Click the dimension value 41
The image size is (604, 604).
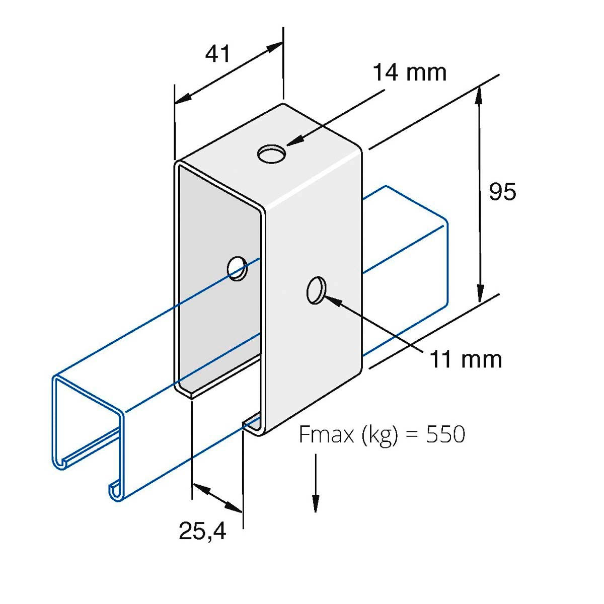[217, 53]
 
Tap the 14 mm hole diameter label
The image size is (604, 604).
[409, 72]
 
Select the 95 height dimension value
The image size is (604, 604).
[502, 192]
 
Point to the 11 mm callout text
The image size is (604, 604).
[466, 359]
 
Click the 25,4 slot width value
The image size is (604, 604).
[202, 531]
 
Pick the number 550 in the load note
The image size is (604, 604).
[445, 434]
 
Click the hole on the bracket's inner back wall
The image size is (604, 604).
[237, 268]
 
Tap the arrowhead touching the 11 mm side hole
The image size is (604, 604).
[333, 300]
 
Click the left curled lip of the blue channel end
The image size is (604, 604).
[59, 462]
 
